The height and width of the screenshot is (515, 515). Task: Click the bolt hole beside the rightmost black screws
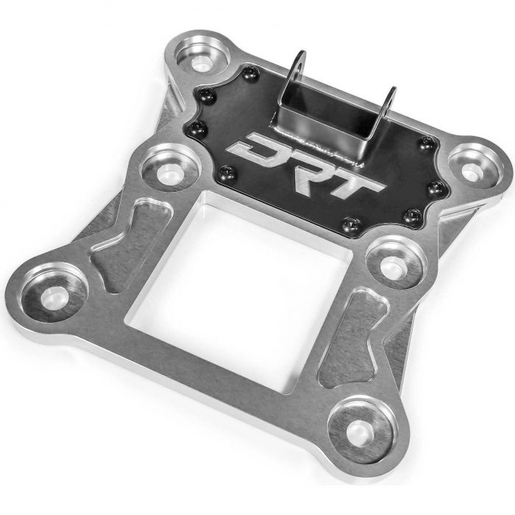coord(469,170)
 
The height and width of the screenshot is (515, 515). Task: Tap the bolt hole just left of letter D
coord(168,172)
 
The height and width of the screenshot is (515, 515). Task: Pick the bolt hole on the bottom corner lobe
coord(360,429)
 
